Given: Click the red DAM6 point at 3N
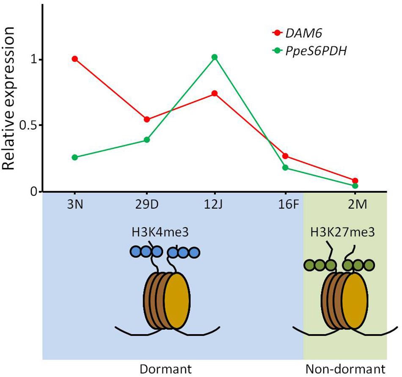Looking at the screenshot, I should (x=75, y=59).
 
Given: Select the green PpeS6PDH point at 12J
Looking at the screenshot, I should (x=215, y=57).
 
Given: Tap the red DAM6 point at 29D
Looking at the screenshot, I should (x=147, y=119).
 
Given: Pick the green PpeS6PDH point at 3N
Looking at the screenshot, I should (x=75, y=157).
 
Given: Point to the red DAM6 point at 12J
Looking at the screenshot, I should (x=215, y=93).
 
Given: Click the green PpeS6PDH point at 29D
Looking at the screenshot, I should (x=147, y=140).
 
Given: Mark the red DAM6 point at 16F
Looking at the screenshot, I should (x=285, y=156).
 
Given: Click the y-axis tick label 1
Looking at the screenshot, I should (x=34, y=60).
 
